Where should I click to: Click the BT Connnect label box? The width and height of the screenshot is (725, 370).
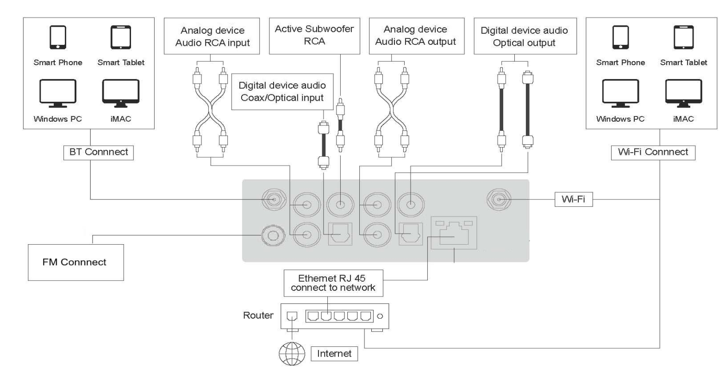(x=98, y=152)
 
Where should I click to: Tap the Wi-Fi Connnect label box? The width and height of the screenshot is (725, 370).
(x=653, y=152)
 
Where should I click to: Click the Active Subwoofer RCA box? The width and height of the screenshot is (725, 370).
(x=314, y=35)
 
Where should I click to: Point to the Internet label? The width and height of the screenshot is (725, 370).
(x=334, y=354)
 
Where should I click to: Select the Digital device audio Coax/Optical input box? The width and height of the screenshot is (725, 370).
(x=282, y=92)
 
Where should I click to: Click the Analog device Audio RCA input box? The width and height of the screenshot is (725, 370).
(x=212, y=37)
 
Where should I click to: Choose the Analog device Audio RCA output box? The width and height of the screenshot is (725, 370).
(x=415, y=36)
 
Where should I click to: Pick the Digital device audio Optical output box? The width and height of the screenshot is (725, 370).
(x=524, y=37)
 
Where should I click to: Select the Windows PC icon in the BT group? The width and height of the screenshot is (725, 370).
(x=57, y=91)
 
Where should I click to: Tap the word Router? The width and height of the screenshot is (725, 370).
(x=258, y=316)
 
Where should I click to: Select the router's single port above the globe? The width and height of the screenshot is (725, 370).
(x=293, y=316)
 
